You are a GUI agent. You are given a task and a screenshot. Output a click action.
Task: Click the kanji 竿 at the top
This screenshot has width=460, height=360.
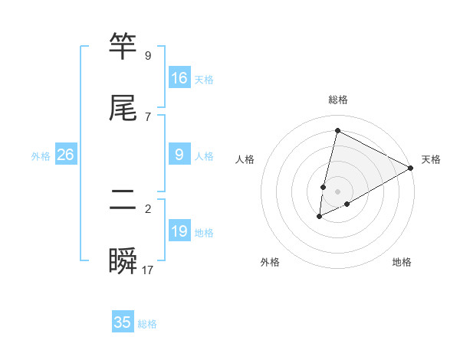tap(123, 47)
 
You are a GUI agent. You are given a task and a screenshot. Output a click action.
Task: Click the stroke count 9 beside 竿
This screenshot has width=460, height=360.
tap(148, 56)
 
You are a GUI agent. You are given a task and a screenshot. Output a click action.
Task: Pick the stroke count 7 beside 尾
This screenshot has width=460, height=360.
tap(148, 116)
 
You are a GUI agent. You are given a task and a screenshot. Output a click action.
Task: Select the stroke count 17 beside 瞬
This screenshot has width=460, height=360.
tap(148, 270)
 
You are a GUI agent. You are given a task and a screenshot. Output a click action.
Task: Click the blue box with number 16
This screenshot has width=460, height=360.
tap(179, 78)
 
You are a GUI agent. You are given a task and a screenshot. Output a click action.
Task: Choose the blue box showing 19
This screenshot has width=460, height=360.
tap(179, 231)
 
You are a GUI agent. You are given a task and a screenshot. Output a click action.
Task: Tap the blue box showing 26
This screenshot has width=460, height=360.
tap(65, 155)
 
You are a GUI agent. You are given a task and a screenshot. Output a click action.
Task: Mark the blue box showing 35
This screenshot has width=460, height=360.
tap(123, 322)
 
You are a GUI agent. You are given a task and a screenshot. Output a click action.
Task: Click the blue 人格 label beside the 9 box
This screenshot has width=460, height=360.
tap(204, 156)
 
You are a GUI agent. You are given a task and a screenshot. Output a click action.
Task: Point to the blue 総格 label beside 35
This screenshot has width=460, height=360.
tap(147, 324)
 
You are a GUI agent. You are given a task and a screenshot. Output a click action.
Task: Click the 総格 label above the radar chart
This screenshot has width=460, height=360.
tap(337, 100)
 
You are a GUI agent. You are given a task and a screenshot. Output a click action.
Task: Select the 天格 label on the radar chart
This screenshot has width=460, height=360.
tap(431, 159)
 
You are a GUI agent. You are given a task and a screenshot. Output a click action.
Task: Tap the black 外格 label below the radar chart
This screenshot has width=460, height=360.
tap(270, 262)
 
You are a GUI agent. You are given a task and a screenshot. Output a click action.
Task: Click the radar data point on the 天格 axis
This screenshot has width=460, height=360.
tap(411, 168)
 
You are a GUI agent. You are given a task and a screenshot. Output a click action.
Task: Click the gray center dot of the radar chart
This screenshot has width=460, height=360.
tap(337, 191)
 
